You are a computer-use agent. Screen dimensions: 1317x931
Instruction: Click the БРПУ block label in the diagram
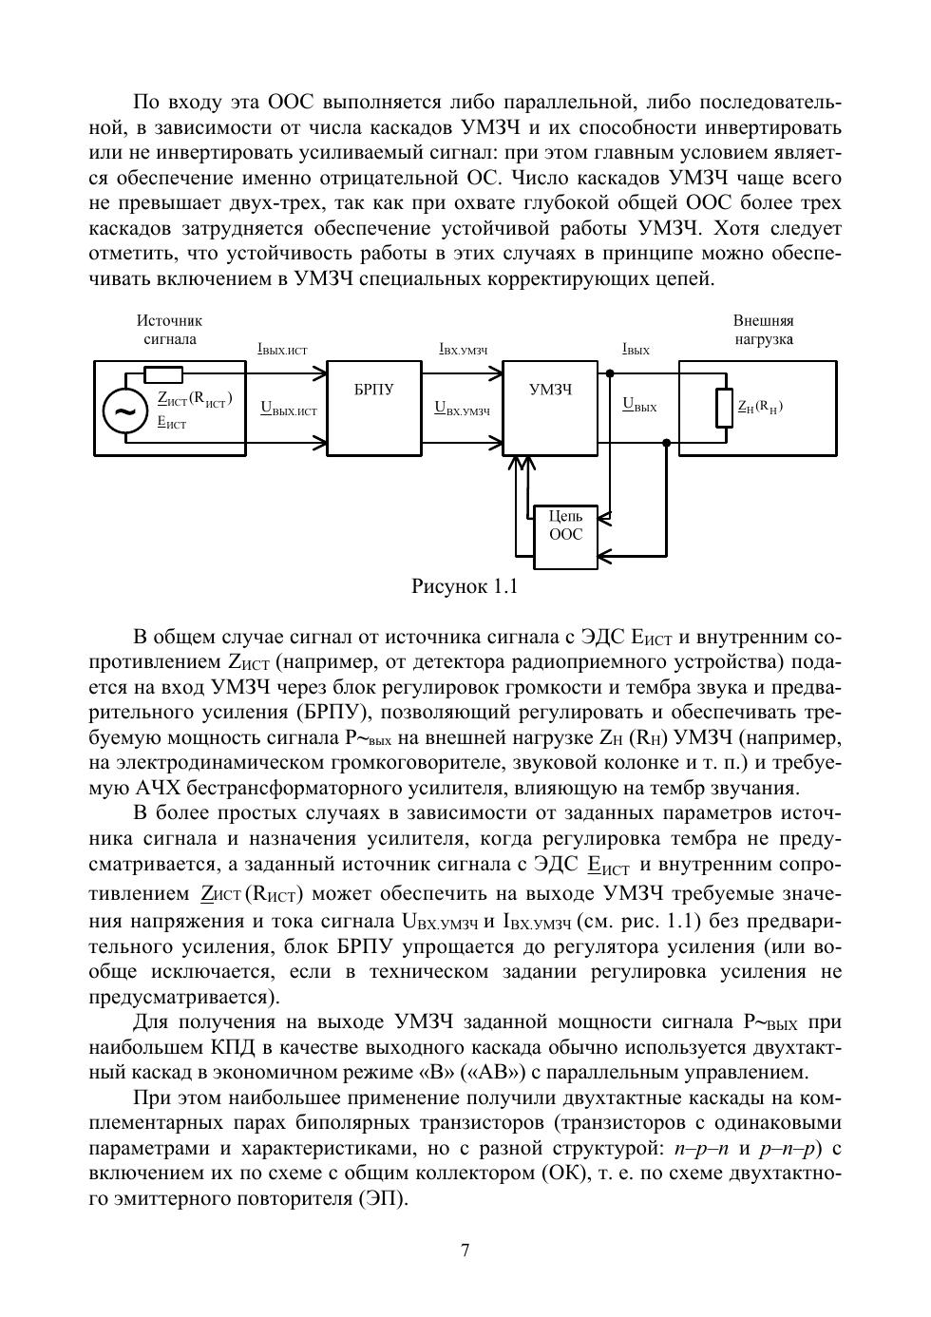click(373, 389)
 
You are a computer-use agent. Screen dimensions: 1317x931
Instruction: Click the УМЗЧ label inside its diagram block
click(549, 389)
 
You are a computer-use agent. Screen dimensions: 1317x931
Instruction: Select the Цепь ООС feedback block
click(565, 525)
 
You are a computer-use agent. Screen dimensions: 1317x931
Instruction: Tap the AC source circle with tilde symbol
click(124, 411)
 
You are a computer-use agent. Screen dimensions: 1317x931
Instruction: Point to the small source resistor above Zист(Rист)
click(163, 373)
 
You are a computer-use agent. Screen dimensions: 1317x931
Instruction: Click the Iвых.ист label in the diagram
click(282, 350)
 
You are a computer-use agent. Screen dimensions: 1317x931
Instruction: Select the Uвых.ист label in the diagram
click(289, 410)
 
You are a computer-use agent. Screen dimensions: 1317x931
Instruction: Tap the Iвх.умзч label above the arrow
click(463, 350)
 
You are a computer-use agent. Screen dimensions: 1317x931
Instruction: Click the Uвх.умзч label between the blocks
click(462, 410)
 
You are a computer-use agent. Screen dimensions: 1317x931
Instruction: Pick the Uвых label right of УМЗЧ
click(639, 405)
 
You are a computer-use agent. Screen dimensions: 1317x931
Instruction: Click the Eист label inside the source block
click(171, 424)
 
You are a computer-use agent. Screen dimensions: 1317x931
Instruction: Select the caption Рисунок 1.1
click(464, 586)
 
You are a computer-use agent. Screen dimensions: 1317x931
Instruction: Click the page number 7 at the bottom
click(465, 1250)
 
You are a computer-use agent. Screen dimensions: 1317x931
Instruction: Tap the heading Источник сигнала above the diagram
click(169, 330)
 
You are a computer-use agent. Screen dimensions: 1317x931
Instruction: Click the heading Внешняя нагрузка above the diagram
click(763, 330)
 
